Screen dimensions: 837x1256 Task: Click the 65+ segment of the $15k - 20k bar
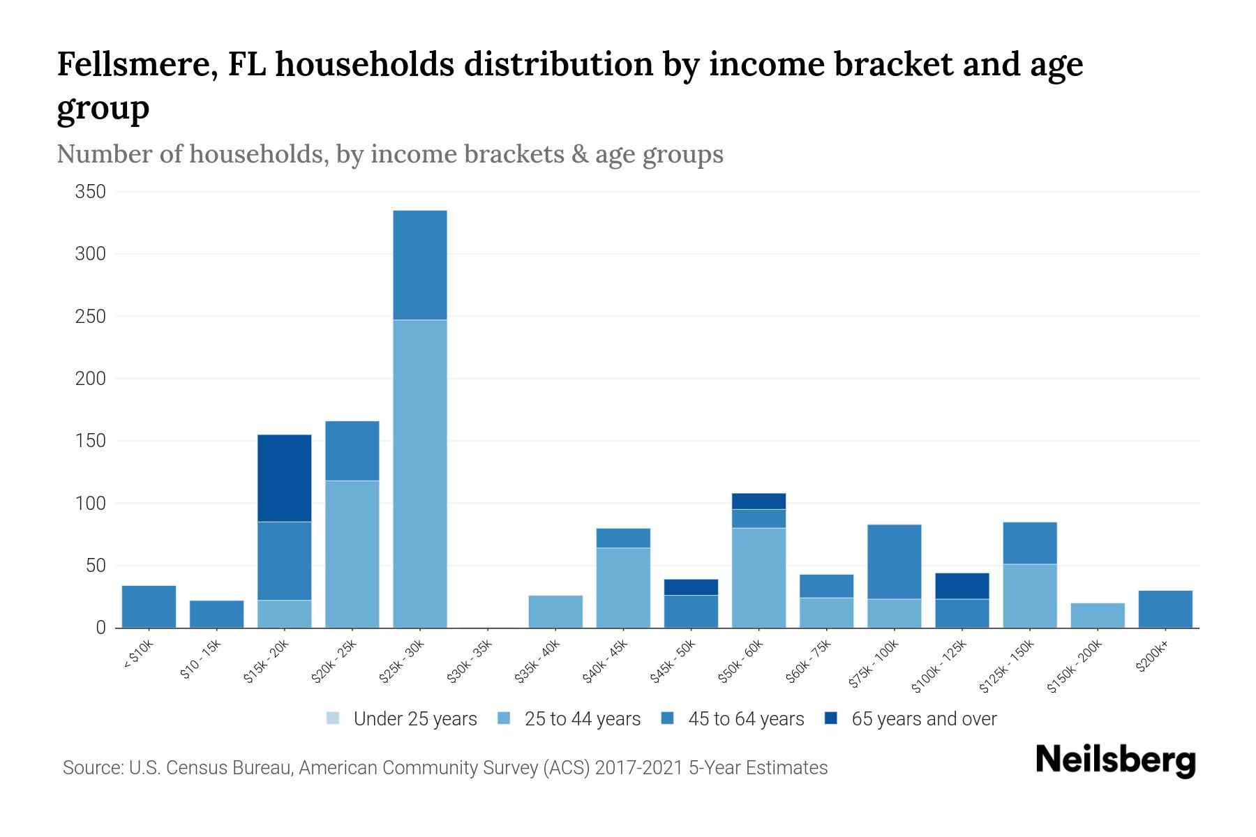(285, 478)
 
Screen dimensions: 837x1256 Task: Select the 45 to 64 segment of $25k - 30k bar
(420, 265)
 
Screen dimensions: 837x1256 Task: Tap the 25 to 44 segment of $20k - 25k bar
(352, 554)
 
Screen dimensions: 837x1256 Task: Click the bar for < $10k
(149, 606)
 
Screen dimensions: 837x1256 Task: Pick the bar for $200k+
(1165, 609)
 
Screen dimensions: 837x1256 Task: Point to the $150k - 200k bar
(1098, 615)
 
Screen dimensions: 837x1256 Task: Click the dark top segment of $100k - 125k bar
(962, 586)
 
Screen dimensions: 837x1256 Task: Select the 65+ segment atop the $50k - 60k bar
(758, 501)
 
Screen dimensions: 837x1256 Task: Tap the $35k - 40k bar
(555, 611)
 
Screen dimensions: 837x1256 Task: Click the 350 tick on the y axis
(91, 192)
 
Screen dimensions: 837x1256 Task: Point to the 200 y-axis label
(91, 379)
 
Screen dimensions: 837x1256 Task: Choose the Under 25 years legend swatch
(333, 718)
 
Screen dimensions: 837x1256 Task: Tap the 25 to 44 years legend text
(582, 719)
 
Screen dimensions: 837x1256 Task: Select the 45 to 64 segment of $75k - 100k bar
(894, 561)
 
